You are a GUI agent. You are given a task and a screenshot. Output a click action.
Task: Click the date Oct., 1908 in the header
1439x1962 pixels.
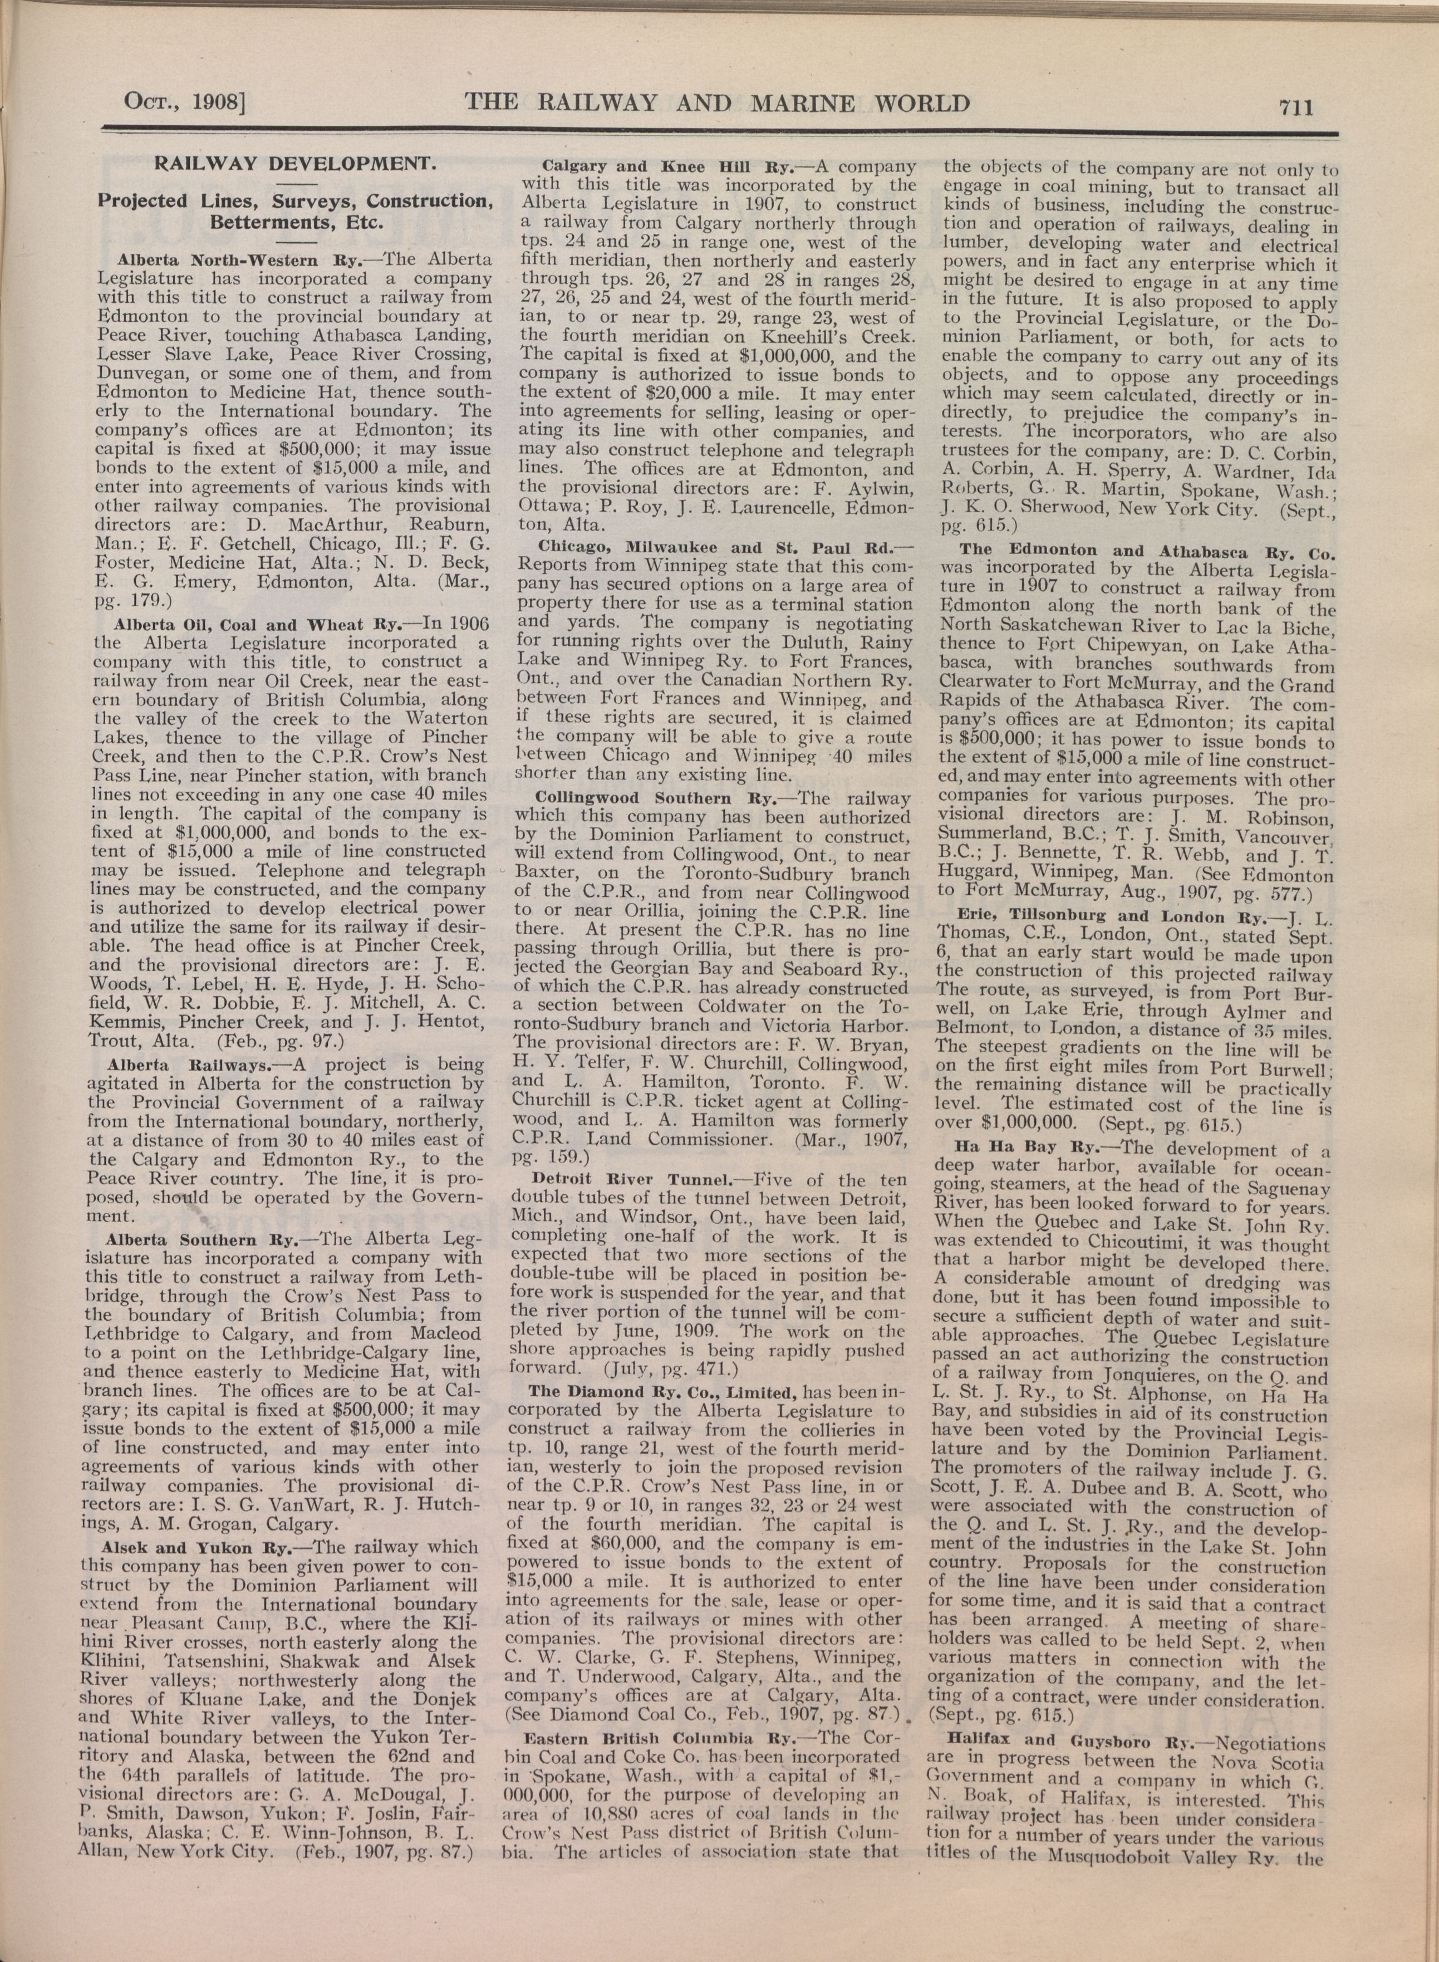coord(185,104)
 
